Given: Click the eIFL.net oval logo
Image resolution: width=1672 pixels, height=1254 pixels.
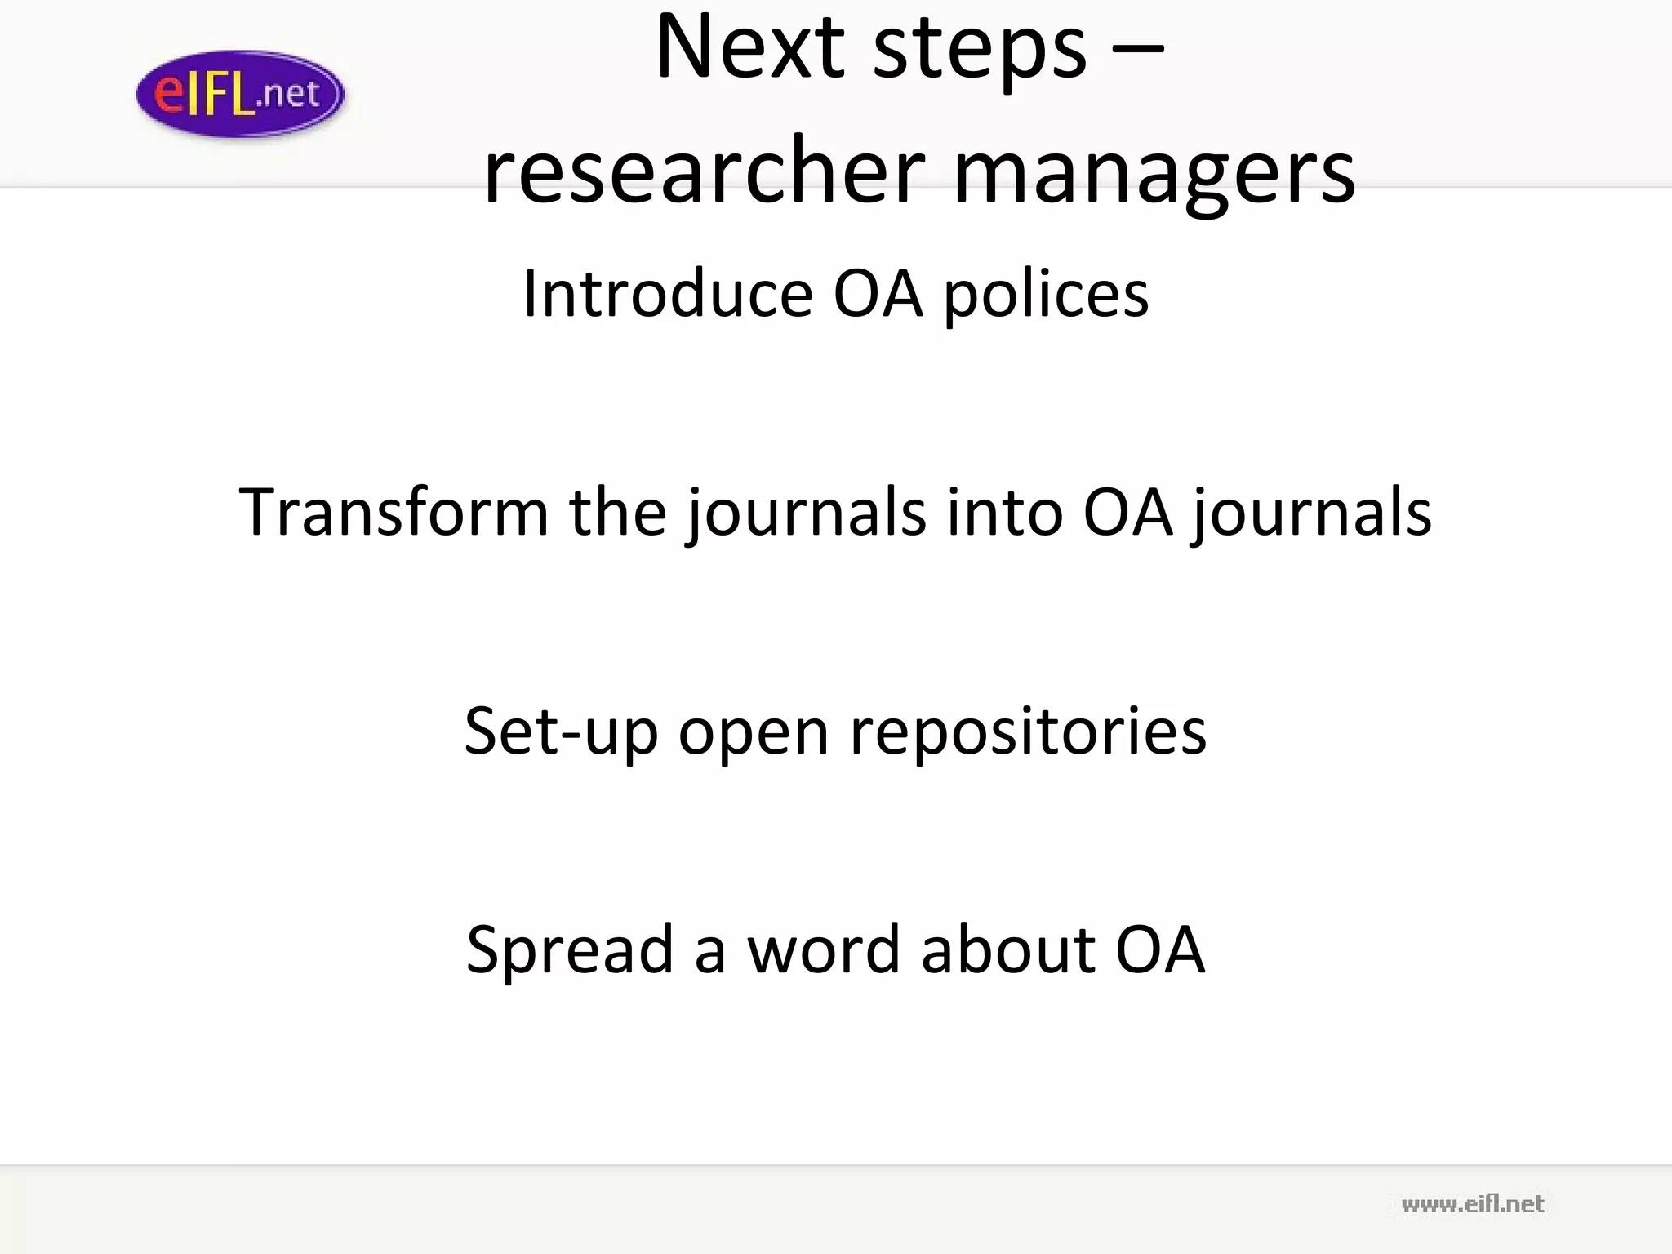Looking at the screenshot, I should pyautogui.click(x=240, y=94).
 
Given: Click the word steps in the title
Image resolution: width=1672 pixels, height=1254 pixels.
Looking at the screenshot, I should pyautogui.click(x=980, y=51).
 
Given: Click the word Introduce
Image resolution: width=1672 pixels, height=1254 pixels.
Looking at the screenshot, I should pyautogui.click(x=667, y=293).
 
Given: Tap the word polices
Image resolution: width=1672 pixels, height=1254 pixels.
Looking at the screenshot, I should pyautogui.click(x=1047, y=296).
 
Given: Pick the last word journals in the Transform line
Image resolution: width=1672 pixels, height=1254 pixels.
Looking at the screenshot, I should pyautogui.click(x=1310, y=514).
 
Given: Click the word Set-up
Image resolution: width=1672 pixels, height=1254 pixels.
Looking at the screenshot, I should pyautogui.click(x=561, y=731).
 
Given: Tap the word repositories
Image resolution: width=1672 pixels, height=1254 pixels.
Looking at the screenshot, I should pyautogui.click(x=1028, y=733).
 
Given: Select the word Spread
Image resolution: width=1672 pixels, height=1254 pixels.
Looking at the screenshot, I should pyautogui.click(x=570, y=950).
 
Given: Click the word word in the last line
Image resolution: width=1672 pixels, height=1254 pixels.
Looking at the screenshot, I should pyautogui.click(x=823, y=949).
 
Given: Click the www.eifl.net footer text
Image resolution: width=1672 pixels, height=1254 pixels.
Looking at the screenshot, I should pyautogui.click(x=1472, y=1204).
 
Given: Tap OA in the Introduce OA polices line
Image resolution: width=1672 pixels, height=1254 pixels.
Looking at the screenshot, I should pyautogui.click(x=878, y=293).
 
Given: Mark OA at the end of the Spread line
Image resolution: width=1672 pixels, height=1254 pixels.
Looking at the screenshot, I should pyautogui.click(x=1160, y=949).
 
